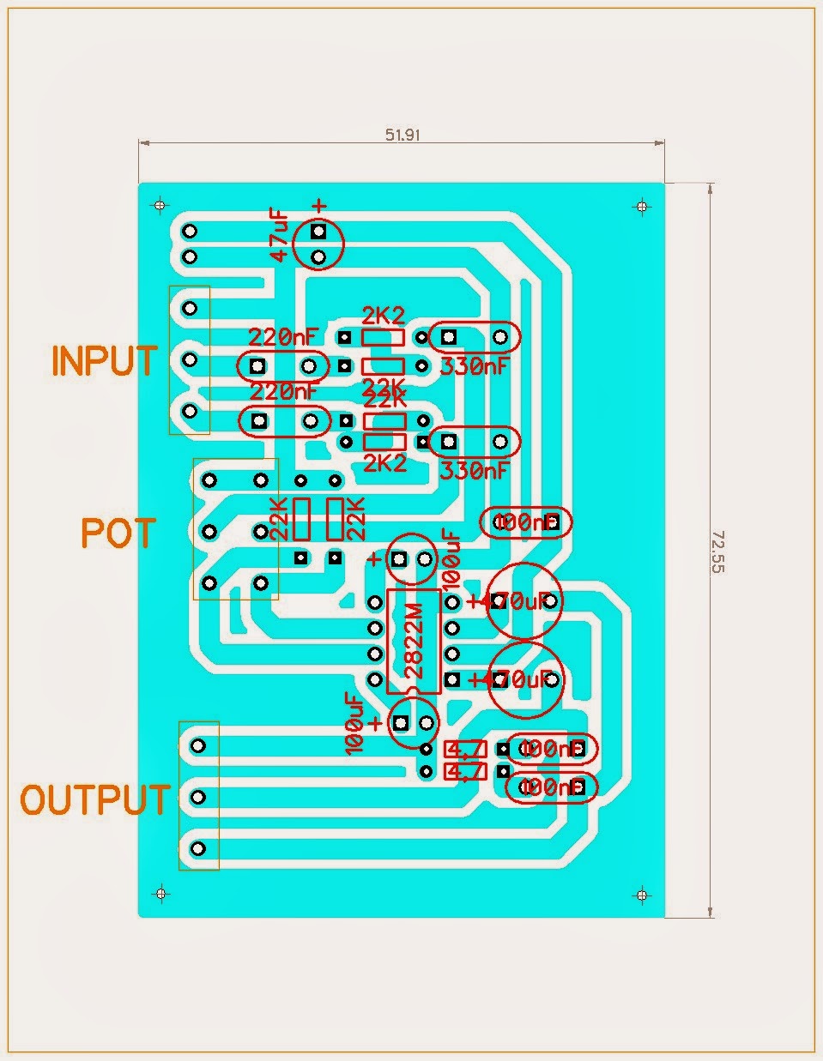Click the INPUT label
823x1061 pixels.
click(104, 361)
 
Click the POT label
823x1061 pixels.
click(118, 534)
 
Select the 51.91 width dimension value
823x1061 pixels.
click(402, 135)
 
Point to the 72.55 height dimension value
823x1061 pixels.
click(717, 551)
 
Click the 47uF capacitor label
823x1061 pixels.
click(281, 235)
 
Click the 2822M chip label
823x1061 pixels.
click(414, 642)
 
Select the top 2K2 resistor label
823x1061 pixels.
click(384, 314)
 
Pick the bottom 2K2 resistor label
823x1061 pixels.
click(384, 463)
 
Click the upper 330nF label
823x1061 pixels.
click(474, 366)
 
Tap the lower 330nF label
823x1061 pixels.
click(474, 470)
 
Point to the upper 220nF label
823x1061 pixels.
click(283, 335)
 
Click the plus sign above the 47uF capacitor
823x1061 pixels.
click(319, 206)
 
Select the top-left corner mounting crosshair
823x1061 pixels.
click(160, 206)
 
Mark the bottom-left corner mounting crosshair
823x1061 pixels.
click(160, 895)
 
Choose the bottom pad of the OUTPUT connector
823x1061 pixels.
click(197, 848)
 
